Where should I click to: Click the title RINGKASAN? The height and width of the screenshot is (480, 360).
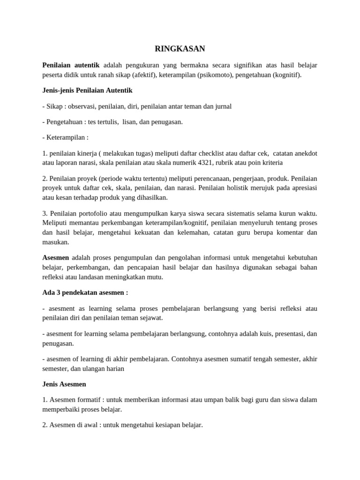click(x=180, y=49)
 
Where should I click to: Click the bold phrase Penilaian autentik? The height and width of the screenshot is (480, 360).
click(x=71, y=65)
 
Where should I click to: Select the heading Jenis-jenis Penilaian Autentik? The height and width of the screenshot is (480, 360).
click(x=87, y=90)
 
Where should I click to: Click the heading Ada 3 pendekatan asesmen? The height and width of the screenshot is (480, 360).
click(x=85, y=292)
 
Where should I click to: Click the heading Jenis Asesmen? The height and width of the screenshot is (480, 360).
click(x=64, y=384)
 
